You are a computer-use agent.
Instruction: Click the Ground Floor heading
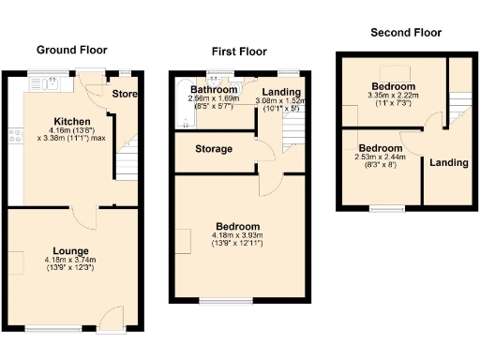click(71, 50)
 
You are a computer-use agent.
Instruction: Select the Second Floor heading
click(406, 32)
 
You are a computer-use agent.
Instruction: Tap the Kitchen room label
click(71, 122)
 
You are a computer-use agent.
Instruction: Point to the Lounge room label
click(71, 250)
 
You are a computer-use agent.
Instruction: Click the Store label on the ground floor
click(125, 94)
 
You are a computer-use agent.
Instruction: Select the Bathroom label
click(213, 90)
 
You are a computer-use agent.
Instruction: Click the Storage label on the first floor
click(214, 149)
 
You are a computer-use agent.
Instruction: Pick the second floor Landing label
click(448, 162)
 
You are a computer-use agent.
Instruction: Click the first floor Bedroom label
click(238, 226)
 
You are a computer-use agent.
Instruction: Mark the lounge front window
click(52, 328)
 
